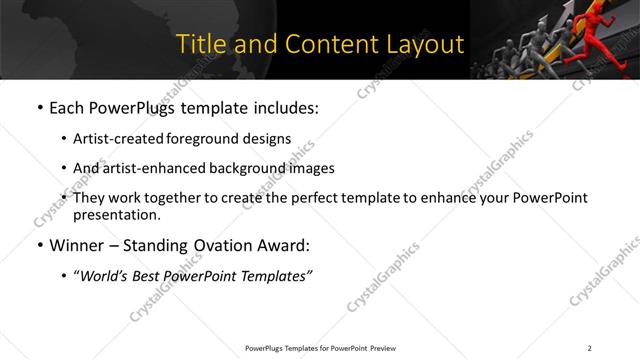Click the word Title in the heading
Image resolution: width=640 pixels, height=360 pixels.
[200, 44]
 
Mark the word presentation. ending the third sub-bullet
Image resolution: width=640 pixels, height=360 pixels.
[116, 214]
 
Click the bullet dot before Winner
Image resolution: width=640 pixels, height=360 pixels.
[38, 245]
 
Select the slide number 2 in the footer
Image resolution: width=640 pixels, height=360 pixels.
[589, 347]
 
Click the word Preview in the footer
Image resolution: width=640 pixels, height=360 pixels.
[384, 347]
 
